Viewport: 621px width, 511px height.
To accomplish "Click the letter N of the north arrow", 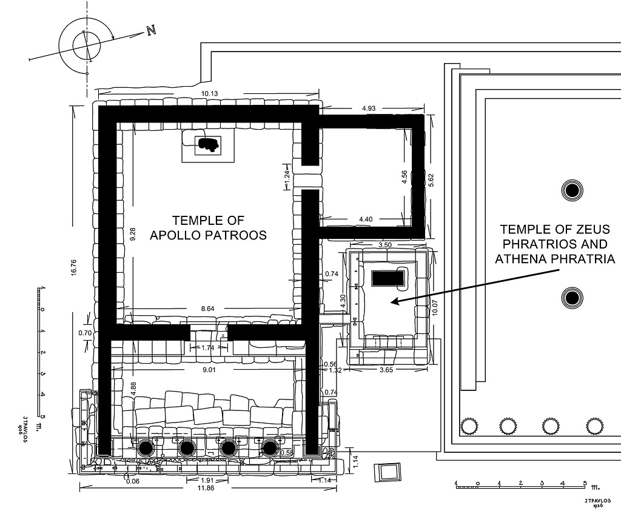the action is click(x=150, y=30).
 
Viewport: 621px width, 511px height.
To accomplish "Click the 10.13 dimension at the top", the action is click(x=209, y=94).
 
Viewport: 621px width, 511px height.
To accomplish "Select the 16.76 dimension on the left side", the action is click(x=73, y=267).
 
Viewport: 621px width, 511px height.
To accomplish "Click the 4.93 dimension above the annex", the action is click(x=368, y=108).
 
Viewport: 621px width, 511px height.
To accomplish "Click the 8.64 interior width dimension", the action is click(x=207, y=309).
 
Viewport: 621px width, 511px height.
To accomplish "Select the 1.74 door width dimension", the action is click(x=207, y=348).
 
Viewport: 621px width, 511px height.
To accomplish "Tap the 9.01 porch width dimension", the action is click(x=209, y=370).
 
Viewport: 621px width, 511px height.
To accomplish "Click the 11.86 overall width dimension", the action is click(x=206, y=488).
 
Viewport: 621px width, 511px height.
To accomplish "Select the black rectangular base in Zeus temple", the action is click(x=386, y=279).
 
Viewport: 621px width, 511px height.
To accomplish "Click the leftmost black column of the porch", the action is click(x=146, y=449).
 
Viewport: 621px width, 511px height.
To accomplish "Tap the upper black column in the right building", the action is click(x=572, y=191).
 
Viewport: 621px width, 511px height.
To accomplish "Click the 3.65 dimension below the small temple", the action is click(x=386, y=370).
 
